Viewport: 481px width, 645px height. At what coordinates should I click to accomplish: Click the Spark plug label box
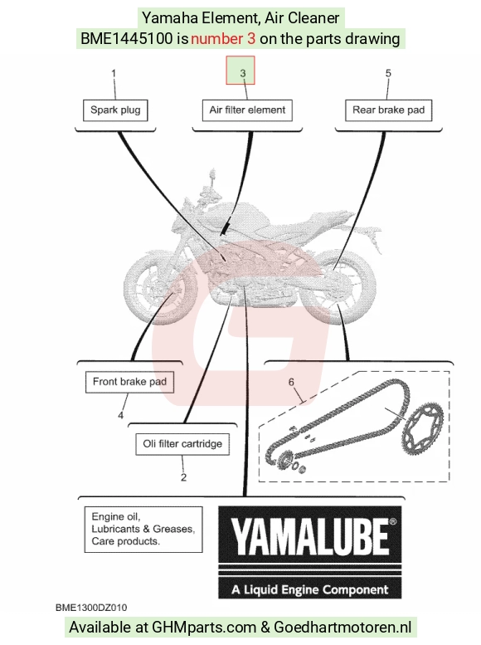point(115,110)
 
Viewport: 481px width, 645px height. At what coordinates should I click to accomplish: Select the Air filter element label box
point(247,110)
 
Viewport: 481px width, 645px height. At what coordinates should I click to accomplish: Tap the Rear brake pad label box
point(388,110)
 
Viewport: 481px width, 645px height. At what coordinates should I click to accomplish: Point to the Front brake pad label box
point(129,382)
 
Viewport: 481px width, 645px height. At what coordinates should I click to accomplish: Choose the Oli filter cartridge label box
point(182,444)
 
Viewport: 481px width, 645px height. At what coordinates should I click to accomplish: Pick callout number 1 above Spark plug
point(114,73)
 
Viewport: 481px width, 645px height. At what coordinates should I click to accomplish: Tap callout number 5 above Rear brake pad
point(388,73)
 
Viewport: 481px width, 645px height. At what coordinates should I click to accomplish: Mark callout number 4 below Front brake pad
point(120,415)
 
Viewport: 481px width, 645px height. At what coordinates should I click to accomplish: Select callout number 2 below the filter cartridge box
point(183,477)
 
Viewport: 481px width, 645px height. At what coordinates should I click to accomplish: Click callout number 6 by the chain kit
point(291,382)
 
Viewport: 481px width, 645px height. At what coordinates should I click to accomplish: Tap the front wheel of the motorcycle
point(161,289)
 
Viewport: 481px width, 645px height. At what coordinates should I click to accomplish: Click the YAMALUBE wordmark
point(309,536)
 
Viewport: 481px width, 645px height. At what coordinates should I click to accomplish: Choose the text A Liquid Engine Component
point(309,590)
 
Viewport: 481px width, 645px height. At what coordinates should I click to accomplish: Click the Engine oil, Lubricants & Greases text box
point(143,530)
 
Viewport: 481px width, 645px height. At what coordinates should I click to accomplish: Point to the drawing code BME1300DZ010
point(91,608)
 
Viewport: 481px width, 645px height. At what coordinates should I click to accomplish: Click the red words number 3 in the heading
point(223,39)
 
